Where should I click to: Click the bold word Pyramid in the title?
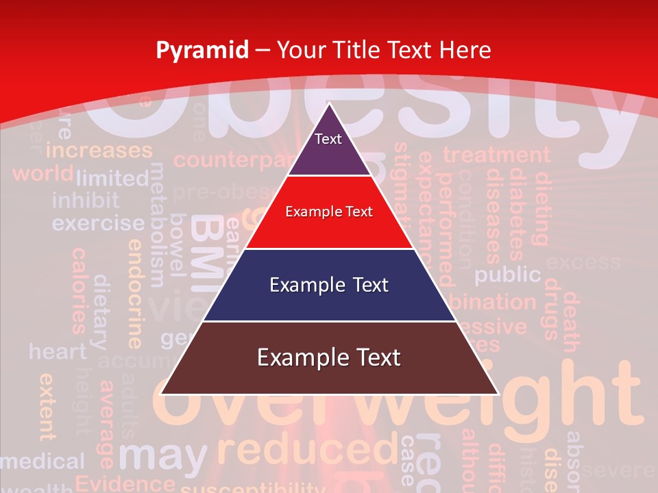202,50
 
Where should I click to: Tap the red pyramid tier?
329,212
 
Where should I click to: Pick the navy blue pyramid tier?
329,285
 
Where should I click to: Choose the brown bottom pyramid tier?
329,358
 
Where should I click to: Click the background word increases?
99,150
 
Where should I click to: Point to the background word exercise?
98,223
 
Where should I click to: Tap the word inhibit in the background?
85,201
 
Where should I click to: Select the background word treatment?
496,155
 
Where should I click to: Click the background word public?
508,275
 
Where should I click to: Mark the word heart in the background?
58,352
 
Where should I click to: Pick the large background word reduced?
306,450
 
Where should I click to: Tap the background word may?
162,455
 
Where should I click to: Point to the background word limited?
112,179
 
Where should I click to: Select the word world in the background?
42,173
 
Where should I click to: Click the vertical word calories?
80,290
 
